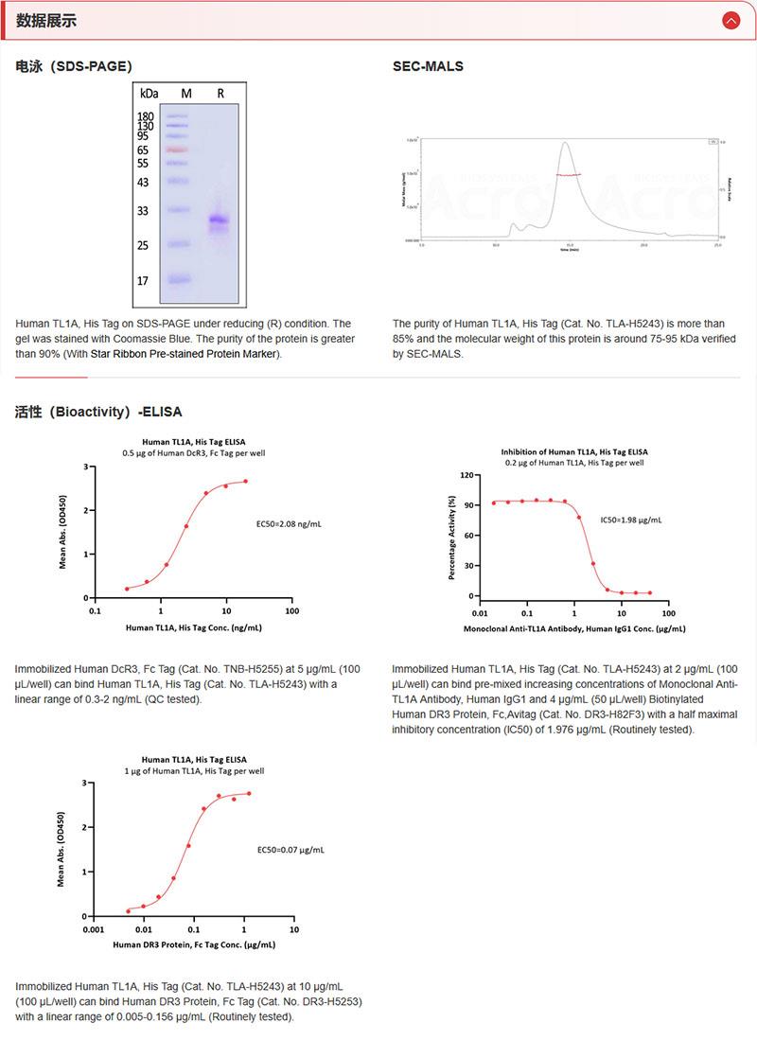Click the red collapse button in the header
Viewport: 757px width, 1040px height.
[731, 20]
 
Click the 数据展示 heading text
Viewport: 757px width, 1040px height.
[46, 21]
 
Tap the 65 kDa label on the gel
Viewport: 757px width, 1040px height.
[143, 150]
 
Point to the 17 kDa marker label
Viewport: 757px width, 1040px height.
[143, 281]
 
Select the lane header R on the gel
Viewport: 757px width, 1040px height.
[220, 93]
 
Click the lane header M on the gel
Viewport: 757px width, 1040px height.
[186, 93]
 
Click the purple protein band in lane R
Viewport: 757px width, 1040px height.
[220, 221]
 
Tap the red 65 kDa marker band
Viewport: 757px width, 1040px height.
[178, 150]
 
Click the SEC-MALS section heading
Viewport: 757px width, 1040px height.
[428, 66]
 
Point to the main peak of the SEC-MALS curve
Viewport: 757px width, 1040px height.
[565, 145]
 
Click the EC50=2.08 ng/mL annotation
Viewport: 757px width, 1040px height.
[289, 523]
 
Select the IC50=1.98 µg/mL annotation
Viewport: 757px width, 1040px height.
[631, 520]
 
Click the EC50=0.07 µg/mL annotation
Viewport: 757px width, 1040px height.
[290, 850]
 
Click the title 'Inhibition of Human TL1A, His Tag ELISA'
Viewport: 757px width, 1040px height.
[574, 452]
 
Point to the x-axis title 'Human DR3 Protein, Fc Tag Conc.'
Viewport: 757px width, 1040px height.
[194, 944]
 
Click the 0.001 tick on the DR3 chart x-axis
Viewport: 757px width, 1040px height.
[93, 930]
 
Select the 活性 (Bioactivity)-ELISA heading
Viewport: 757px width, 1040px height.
[98, 412]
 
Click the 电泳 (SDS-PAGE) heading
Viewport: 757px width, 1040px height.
[74, 66]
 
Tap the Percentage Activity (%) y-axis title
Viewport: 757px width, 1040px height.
[452, 536]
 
